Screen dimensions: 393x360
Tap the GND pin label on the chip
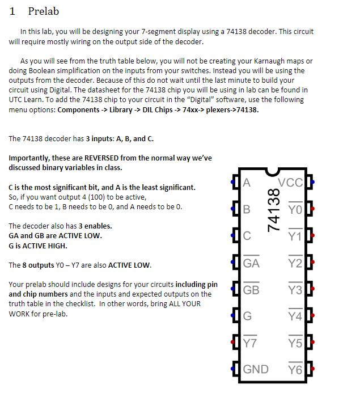tap(256, 370)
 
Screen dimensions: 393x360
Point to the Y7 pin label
tap(250, 343)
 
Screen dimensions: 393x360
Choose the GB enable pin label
tap(251, 289)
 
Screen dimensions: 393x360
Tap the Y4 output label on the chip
tap(295, 316)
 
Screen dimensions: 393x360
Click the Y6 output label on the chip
tap(295, 370)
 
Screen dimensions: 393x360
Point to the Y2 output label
tap(295, 263)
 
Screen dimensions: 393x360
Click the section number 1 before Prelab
tap(12, 11)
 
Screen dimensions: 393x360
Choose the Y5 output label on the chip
tap(295, 343)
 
